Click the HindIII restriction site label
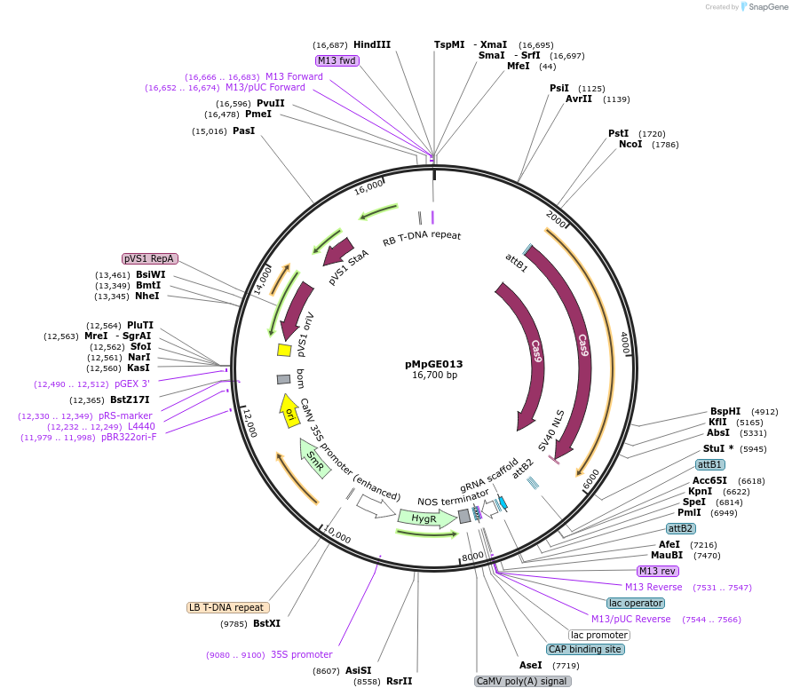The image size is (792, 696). coord(372,44)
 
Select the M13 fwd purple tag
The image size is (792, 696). coord(337,60)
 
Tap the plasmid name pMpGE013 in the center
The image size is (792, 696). coord(434,364)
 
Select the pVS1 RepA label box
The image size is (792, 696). coord(150,258)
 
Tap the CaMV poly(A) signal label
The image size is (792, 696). coord(522,681)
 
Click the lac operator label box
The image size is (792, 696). coord(635,603)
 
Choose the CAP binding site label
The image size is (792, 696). coord(585,650)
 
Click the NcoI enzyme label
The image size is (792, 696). coord(630,144)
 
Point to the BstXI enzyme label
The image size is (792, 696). coord(266,623)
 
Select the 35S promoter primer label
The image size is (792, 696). coord(301,655)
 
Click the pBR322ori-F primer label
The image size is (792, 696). coord(129,437)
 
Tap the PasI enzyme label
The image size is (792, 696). coord(243,130)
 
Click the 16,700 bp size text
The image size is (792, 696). coord(434,376)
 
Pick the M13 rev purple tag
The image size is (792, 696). coord(657,571)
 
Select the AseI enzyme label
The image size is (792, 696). coord(530,665)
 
